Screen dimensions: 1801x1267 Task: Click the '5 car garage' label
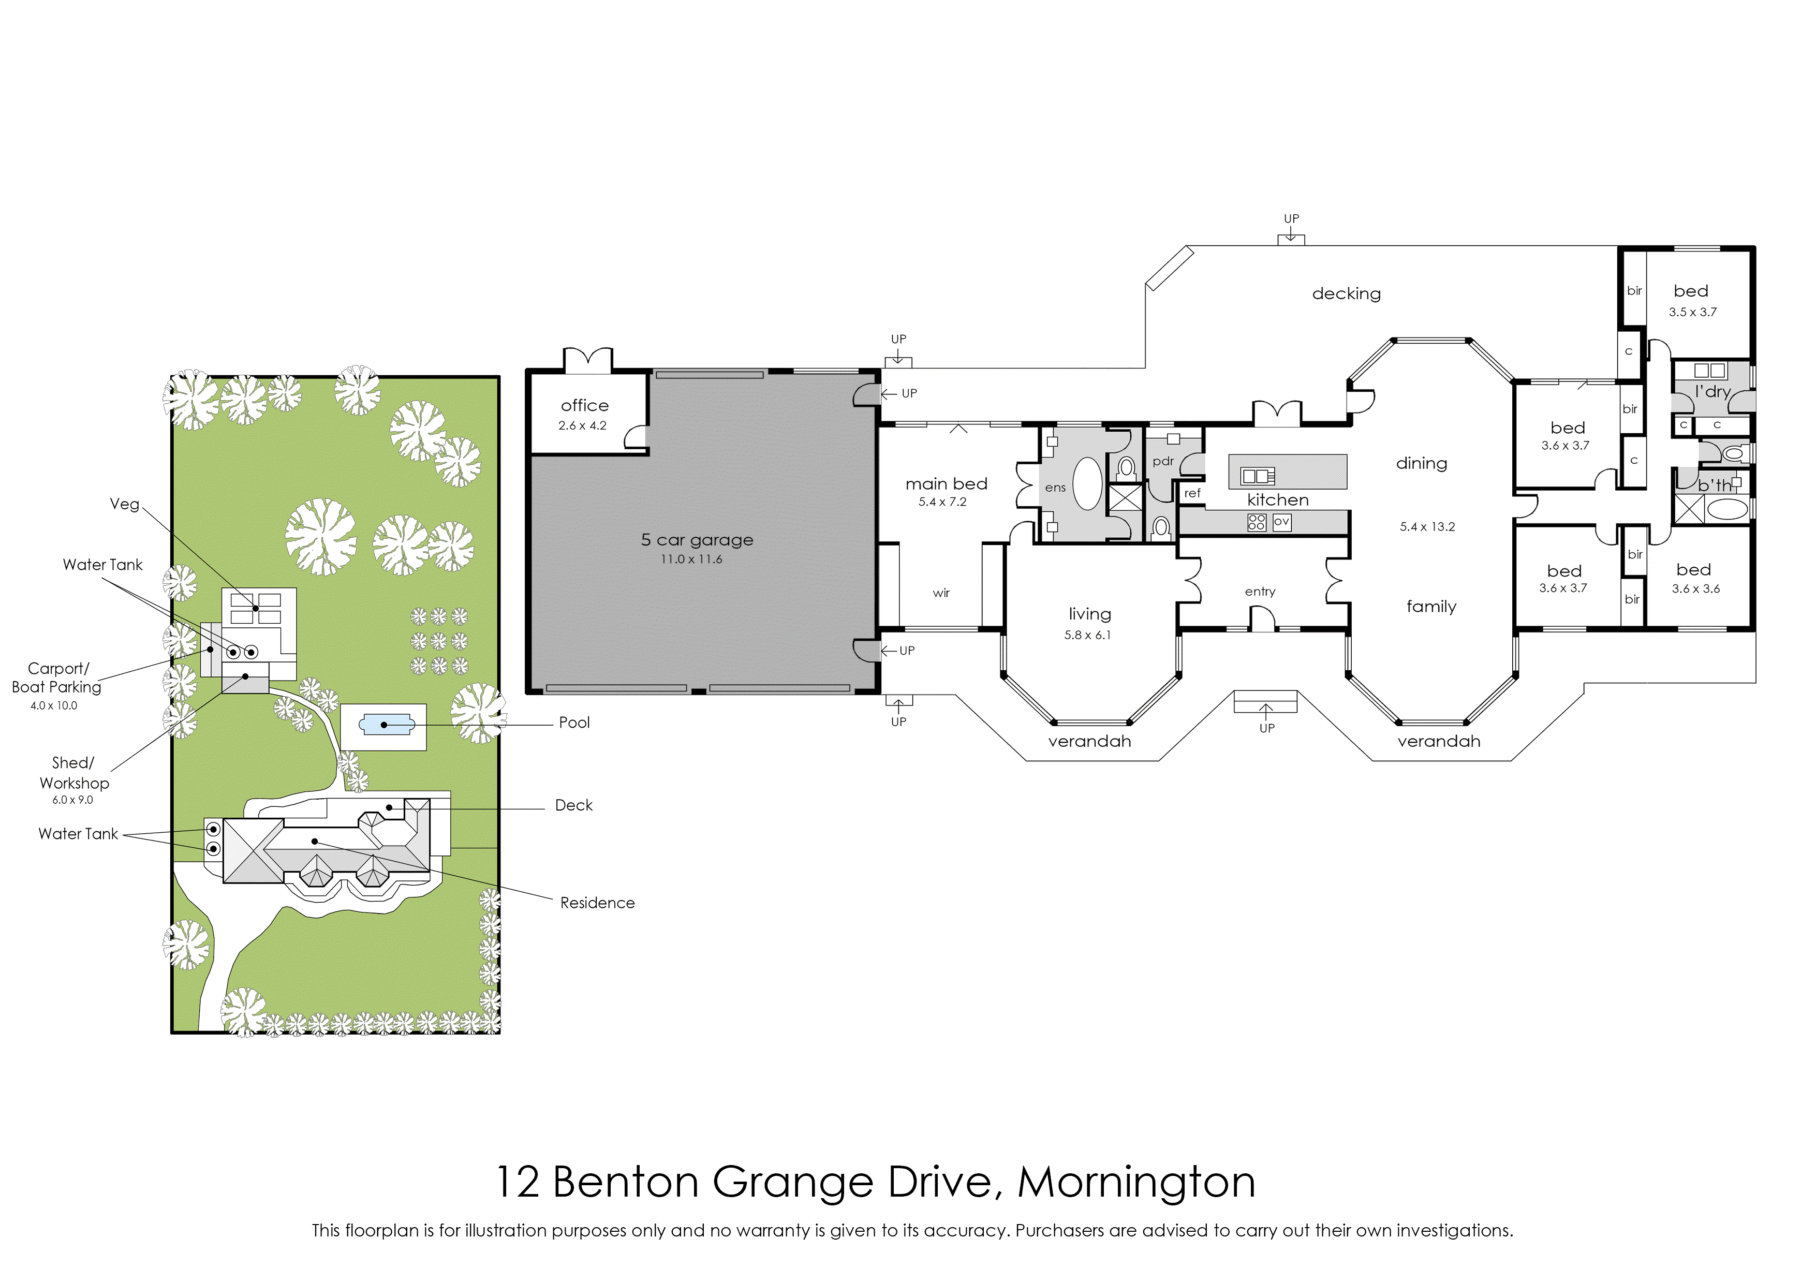click(697, 540)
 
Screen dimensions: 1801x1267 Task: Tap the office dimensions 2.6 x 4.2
click(582, 426)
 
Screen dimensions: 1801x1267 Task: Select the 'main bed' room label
click(946, 483)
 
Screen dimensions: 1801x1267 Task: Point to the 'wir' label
click(941, 593)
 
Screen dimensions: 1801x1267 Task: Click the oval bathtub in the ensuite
click(1087, 484)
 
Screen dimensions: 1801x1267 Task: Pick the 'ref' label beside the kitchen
click(1192, 493)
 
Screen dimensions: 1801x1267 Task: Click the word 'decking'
click(1346, 294)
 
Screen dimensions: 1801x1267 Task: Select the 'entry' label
click(1260, 592)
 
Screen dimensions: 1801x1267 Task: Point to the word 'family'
click(1431, 607)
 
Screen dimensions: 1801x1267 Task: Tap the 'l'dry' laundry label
click(1713, 391)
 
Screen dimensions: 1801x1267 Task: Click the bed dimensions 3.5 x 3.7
click(1692, 312)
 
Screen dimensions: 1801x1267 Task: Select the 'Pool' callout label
click(574, 723)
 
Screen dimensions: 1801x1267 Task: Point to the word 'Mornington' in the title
click(1136, 1182)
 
